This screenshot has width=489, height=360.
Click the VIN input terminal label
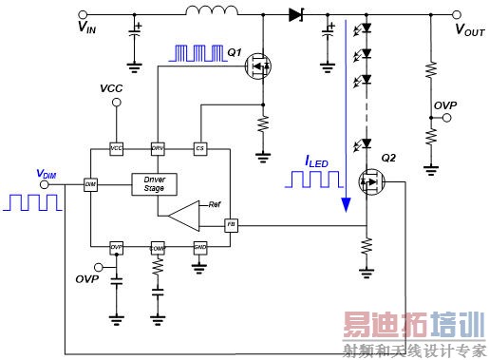(x=85, y=28)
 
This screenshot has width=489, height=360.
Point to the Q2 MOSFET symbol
(x=370, y=181)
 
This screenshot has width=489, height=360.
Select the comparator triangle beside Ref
(x=183, y=215)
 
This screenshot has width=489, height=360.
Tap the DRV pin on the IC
(x=159, y=149)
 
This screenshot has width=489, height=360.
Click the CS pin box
(x=199, y=149)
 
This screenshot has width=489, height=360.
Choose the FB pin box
(x=231, y=225)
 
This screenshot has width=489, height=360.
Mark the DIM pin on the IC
(x=90, y=183)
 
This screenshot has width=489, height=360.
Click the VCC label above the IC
(x=112, y=88)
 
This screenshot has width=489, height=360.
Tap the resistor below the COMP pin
(x=159, y=273)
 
